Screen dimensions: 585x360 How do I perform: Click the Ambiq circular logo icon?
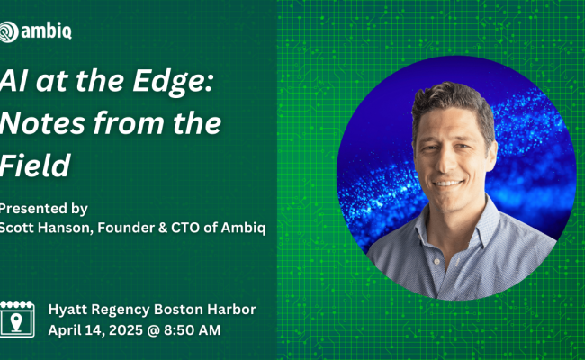8,31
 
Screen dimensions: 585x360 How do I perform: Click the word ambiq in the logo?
46,31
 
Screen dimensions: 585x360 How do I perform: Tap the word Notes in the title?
42,123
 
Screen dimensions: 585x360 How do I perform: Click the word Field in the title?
35,165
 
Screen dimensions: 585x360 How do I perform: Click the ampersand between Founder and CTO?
162,228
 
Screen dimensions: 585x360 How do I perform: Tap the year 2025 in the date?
126,330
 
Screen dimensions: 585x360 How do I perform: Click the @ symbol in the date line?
153,330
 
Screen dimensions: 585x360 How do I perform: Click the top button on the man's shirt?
436,262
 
